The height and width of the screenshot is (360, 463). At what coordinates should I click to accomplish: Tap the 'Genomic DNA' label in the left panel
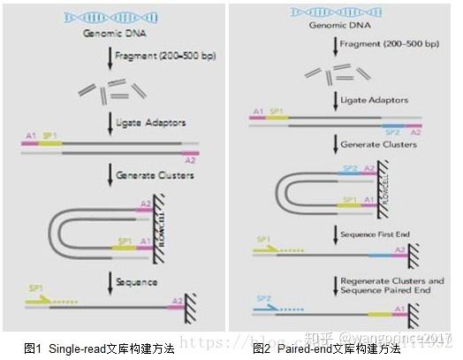[x=111, y=34]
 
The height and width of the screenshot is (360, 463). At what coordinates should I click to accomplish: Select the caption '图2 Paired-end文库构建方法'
[x=327, y=348]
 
